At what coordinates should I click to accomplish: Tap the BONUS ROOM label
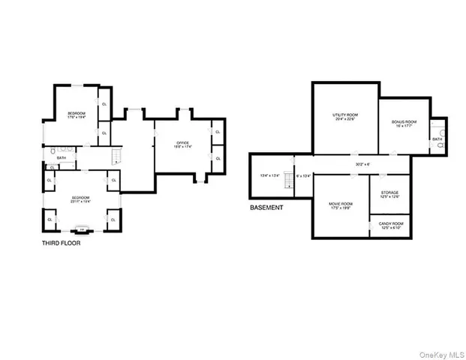pos(404,123)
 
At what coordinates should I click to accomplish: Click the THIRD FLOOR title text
pos(61,243)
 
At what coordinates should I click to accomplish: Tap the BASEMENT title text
pos(266,207)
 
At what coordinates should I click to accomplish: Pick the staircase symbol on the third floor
pos(116,156)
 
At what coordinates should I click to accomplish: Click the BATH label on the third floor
pos(62,157)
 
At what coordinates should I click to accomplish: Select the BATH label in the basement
pos(437,139)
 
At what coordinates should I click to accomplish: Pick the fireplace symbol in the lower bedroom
pos(83,229)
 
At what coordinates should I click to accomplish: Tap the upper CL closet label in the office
pos(218,132)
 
